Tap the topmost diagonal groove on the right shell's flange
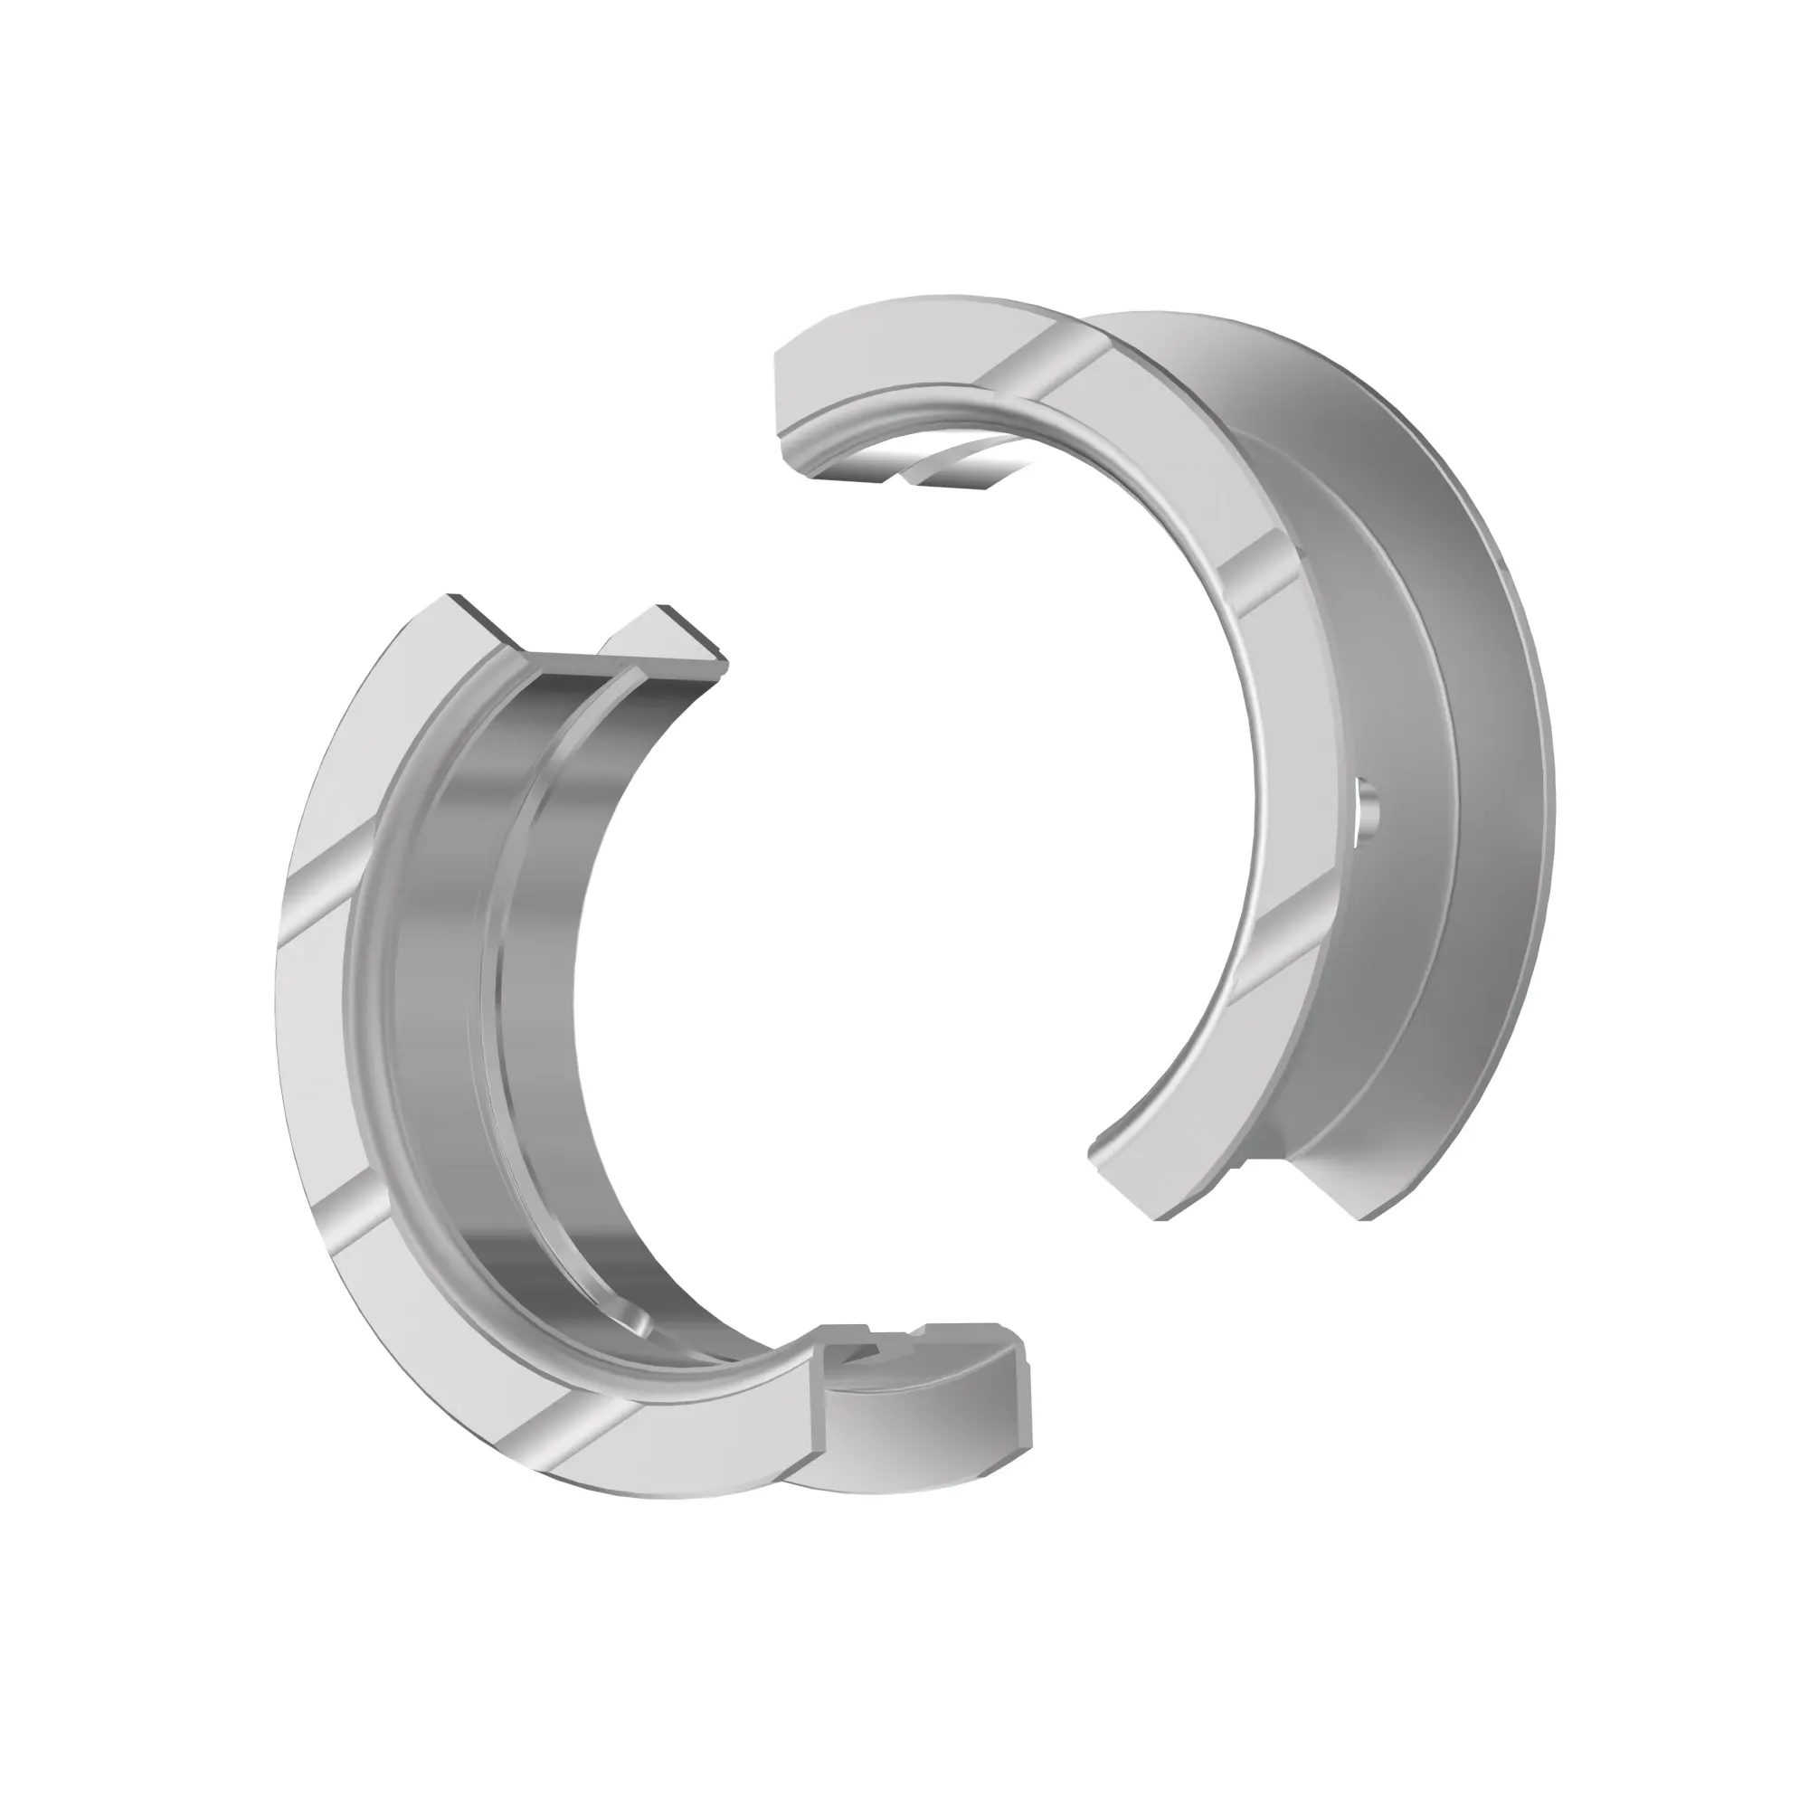(1044, 355)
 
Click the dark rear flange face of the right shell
(1489, 749)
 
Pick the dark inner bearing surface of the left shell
(440, 936)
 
